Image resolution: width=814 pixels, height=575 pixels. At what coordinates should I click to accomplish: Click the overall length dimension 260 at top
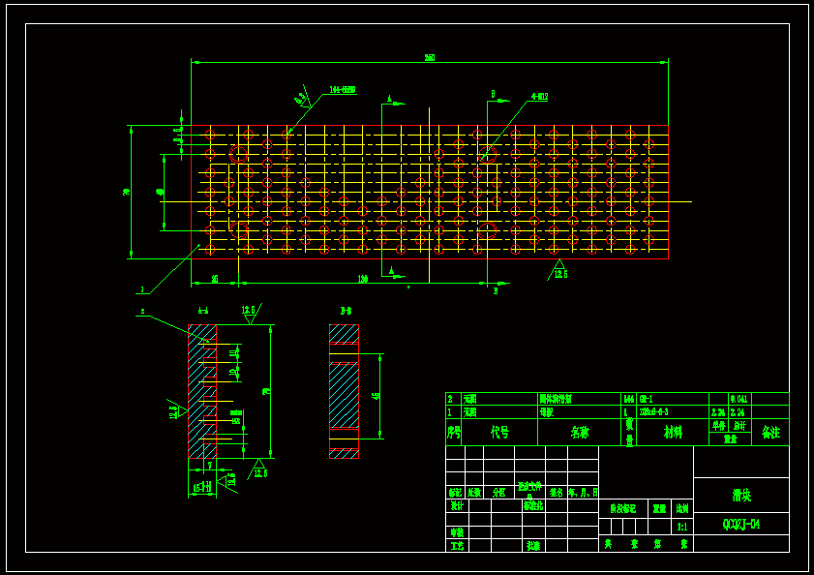430,58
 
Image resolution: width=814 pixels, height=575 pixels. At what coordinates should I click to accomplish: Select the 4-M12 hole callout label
539,97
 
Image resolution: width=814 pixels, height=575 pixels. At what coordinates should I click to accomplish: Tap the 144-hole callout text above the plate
343,90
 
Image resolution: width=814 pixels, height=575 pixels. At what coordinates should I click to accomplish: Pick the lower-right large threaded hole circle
488,230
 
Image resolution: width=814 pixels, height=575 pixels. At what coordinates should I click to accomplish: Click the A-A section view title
203,312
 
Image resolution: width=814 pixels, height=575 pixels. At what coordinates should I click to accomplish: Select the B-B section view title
346,312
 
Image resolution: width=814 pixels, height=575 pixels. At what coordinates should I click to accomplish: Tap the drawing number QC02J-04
741,525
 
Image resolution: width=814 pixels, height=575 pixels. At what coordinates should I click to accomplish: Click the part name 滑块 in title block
741,496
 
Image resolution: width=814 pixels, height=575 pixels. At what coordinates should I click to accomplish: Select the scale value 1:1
682,527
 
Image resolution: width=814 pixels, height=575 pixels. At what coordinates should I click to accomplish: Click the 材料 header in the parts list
672,433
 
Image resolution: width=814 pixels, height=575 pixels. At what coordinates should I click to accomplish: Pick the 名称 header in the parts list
579,433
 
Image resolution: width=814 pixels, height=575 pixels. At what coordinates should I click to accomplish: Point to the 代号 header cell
499,433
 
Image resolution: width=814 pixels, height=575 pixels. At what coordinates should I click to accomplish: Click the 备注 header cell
770,432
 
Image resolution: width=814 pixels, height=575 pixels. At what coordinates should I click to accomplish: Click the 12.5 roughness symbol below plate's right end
559,270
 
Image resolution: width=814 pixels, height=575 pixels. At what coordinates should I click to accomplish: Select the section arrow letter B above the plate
493,95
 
